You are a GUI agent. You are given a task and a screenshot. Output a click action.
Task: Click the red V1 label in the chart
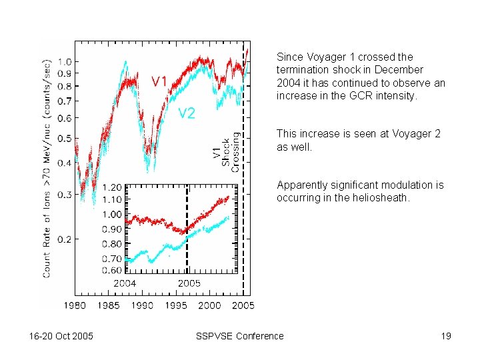pyautogui.click(x=159, y=81)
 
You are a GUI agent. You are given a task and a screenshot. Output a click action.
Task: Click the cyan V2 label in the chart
pyautogui.click(x=187, y=113)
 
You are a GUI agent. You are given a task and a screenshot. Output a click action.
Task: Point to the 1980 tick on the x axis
pyautogui.click(x=74, y=305)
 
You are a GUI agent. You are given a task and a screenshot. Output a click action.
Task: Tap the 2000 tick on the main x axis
pyautogui.click(x=209, y=305)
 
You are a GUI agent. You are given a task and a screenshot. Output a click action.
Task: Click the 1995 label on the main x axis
pyautogui.click(x=176, y=305)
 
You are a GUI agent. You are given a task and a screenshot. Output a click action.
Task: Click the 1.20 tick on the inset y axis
pyautogui.click(x=112, y=187)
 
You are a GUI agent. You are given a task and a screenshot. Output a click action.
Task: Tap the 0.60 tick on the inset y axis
pyautogui.click(x=112, y=270)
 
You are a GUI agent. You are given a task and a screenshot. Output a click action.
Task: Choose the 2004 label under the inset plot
pyautogui.click(x=125, y=283)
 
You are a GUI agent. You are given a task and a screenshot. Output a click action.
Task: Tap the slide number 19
pyautogui.click(x=446, y=336)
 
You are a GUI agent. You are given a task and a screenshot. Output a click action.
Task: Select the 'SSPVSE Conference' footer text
pyautogui.click(x=240, y=336)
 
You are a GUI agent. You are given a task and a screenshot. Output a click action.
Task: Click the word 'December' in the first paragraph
pyautogui.click(x=399, y=69)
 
